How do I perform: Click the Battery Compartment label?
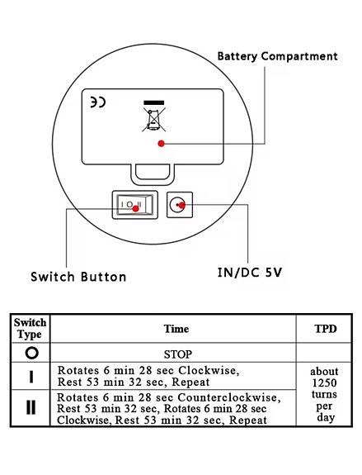click(x=277, y=56)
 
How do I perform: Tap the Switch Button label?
click(x=78, y=277)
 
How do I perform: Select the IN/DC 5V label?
click(x=250, y=273)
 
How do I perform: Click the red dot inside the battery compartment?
click(x=161, y=144)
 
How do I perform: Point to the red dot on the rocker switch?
click(x=136, y=209)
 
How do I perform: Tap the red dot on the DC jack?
click(x=181, y=206)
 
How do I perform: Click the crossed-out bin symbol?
click(x=154, y=119)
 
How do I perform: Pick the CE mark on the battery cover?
click(x=98, y=102)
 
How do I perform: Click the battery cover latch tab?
click(x=153, y=173)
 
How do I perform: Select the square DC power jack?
click(x=180, y=205)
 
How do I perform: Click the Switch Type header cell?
click(x=30, y=329)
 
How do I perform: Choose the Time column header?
click(x=176, y=329)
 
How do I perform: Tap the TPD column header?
click(x=326, y=329)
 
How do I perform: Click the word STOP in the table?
click(x=178, y=354)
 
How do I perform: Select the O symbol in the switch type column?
click(x=32, y=353)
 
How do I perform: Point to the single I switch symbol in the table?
click(x=31, y=377)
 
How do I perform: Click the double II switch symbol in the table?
click(x=31, y=407)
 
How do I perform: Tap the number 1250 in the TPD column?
click(x=324, y=383)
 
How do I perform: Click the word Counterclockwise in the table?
click(x=229, y=397)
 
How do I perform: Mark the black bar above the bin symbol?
click(x=154, y=102)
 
